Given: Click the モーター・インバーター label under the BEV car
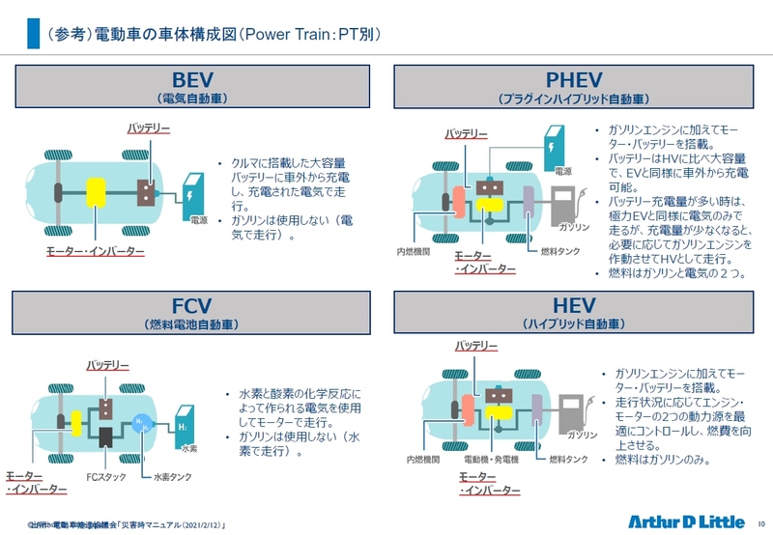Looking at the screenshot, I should tap(96, 251).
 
